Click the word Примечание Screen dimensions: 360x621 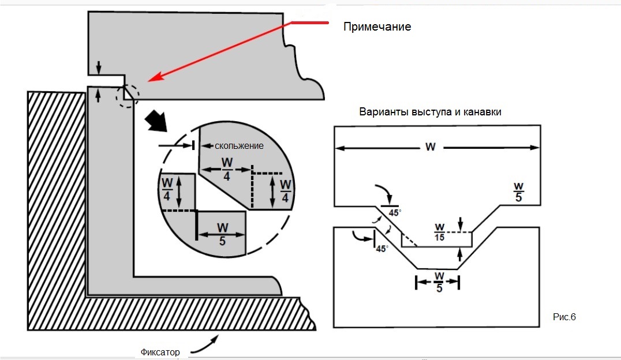tap(377, 27)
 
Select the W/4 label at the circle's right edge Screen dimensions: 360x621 tap(286, 190)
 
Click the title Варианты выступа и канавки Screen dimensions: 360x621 tap(430, 112)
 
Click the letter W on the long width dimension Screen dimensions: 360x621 tap(430, 147)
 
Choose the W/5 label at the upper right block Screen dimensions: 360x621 tap(518, 192)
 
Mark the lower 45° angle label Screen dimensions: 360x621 tap(381, 249)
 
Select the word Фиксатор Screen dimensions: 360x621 tap(160, 352)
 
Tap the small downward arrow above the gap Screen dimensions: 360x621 tap(99, 67)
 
